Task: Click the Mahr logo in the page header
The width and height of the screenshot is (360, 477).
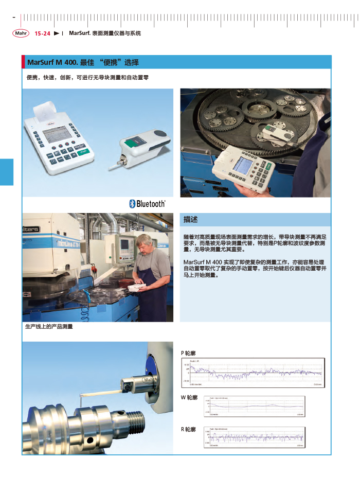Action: pos(21,33)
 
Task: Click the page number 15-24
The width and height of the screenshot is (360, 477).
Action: pos(42,33)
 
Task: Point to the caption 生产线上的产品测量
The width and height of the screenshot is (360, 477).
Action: pos(49,327)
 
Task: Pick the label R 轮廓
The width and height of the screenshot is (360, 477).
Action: pos(188,429)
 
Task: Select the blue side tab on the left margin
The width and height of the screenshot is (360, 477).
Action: pos(7,172)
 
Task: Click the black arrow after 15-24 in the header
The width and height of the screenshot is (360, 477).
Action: pos(57,33)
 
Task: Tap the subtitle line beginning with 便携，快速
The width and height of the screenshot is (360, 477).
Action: pos(87,78)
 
